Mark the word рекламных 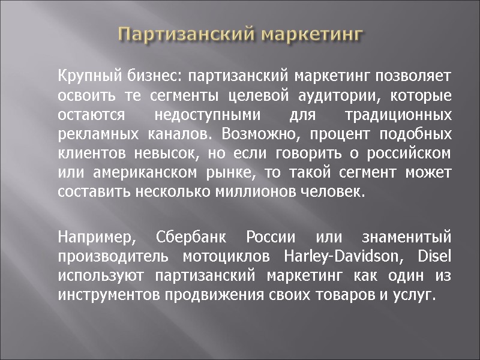[96, 135]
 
